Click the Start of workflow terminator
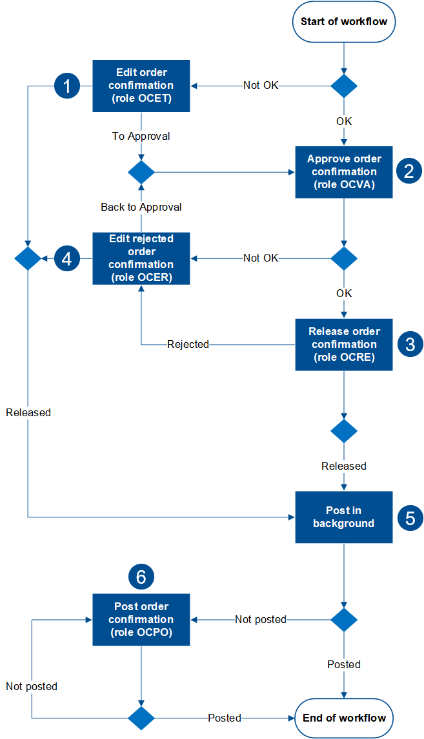tap(344, 22)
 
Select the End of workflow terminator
tap(344, 718)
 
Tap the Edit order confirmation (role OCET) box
tap(141, 86)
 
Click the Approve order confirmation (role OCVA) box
tap(344, 172)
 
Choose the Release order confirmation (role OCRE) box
tap(344, 345)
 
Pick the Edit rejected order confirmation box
tap(141, 258)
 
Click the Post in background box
tap(344, 517)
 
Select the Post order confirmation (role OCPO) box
tap(141, 620)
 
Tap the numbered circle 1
tap(66, 86)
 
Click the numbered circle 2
tap(409, 171)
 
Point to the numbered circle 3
tap(409, 344)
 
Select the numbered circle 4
tap(66, 258)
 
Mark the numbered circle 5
tap(409, 517)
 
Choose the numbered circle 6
tap(141, 577)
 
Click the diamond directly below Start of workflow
tap(344, 86)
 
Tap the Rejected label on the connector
tap(188, 345)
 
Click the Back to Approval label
tap(141, 207)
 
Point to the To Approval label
tap(141, 137)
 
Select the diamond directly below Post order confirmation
tap(141, 718)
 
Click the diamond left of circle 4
tap(28, 258)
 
